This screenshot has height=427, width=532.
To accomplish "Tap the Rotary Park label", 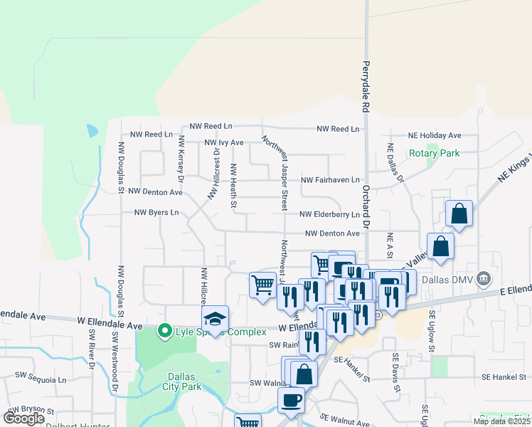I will [x=434, y=153].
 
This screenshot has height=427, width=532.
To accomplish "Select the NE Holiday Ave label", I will [x=435, y=135].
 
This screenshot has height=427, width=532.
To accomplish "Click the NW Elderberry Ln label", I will [x=329, y=214].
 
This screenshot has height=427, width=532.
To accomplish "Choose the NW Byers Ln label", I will [x=156, y=212].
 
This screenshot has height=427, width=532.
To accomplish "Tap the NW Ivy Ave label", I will [x=224, y=142].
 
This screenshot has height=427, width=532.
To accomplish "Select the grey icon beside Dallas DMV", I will [x=484, y=278].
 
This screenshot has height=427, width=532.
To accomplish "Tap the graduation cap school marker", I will [x=215, y=319].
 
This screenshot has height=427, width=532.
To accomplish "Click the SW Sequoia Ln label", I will [x=42, y=380].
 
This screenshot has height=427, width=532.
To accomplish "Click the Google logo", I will [x=23, y=418].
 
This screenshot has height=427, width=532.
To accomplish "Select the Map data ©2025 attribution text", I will [x=501, y=421].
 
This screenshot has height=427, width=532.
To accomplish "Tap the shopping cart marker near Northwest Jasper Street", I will [x=262, y=285].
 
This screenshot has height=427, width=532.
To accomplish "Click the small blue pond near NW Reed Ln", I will [x=92, y=131].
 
